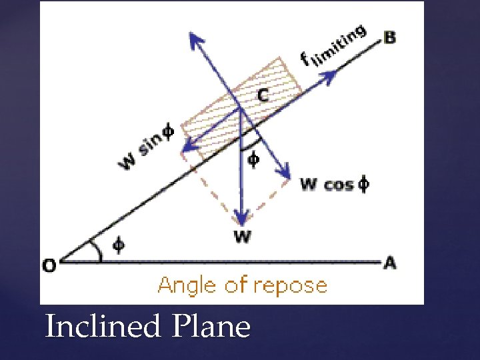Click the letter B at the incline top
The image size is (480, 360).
tap(389, 37)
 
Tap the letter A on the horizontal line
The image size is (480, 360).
tap(389, 263)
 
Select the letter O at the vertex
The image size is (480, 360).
tap(49, 265)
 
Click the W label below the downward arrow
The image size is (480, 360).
tap(242, 237)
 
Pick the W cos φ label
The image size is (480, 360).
tap(334, 184)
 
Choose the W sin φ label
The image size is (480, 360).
tap(145, 148)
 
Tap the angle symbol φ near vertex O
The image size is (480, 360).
tap(117, 245)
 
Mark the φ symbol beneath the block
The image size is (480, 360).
tap(253, 161)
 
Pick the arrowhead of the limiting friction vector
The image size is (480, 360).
tap(329, 76)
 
